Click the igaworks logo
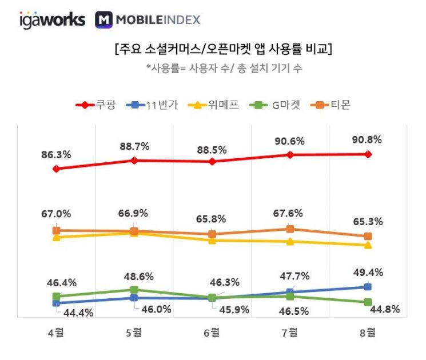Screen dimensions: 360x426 tap(52, 20)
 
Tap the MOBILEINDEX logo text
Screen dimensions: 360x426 tap(148, 20)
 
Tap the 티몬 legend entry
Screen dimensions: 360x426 tap(332, 105)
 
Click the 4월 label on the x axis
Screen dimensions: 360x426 tap(55, 333)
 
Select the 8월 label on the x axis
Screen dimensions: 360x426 tap(368, 333)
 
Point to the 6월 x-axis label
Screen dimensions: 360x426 tap(212, 333)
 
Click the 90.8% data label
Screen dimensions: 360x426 tap(367, 139)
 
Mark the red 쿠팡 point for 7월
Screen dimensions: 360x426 tap(290, 155)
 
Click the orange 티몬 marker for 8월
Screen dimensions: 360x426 tap(368, 236)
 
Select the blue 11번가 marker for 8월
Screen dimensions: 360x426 tap(368, 287)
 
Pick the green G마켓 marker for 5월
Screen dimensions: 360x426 tap(134, 290)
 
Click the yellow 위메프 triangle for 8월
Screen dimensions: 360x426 tap(368, 245)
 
